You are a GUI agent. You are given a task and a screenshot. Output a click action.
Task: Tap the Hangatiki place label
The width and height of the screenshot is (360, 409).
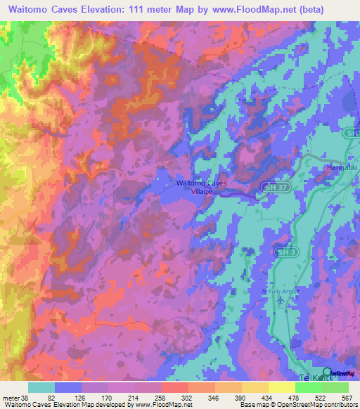pos(342,168)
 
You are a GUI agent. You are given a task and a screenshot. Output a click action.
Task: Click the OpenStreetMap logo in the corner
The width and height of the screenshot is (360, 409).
pos(327,372)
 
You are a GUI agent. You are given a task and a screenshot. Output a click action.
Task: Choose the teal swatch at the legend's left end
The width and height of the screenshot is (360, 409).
pos(41,387)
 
